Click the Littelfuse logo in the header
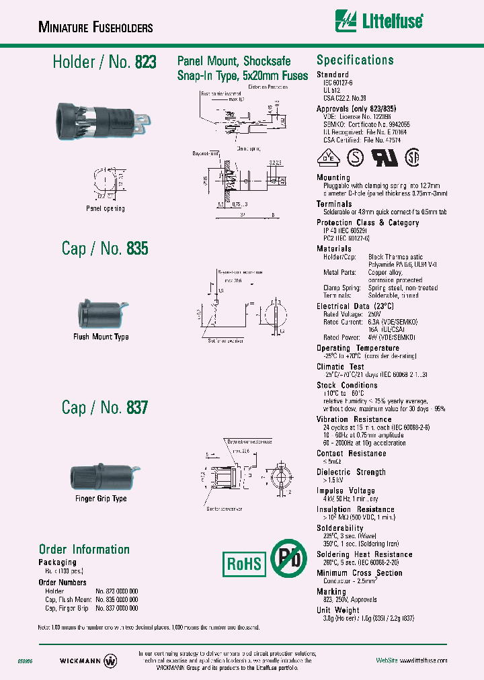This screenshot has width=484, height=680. [379, 22]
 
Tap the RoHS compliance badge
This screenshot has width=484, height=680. [243, 562]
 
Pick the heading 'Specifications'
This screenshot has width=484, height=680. [355, 60]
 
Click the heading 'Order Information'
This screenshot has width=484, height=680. [84, 549]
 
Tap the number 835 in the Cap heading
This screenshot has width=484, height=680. [136, 249]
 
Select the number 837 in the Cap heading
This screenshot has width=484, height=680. [136, 407]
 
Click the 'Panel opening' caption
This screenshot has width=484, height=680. [106, 208]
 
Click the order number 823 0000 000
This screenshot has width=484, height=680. [119, 591]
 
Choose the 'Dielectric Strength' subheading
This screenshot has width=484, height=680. [351, 472]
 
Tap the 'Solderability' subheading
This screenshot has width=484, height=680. [341, 528]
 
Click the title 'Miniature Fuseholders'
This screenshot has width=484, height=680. [96, 28]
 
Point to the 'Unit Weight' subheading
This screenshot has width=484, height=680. [338, 610]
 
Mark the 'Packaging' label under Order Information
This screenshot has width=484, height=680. [58, 562]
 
